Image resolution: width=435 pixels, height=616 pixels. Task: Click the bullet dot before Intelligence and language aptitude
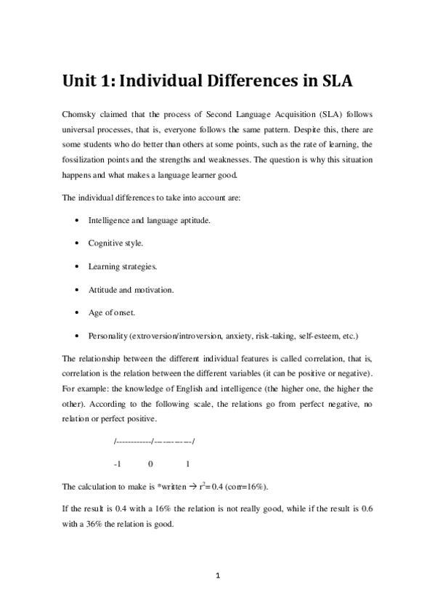point(77,219)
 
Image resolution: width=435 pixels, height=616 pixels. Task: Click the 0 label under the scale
point(150,463)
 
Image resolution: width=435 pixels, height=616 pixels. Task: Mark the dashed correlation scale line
point(155,439)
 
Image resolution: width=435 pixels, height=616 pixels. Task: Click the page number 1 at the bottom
point(217,575)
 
